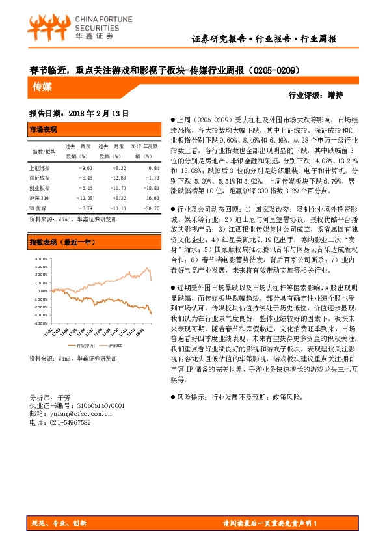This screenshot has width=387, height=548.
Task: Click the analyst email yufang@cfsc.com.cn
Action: [x=71, y=413]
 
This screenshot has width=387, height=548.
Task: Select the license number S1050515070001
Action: [x=95, y=405]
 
